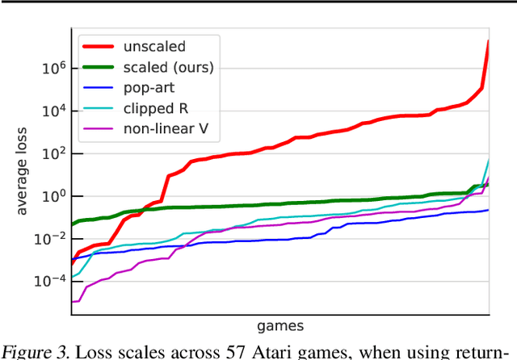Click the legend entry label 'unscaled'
(148, 48)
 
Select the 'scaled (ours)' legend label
(168, 68)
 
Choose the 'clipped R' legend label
(152, 108)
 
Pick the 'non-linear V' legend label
(162, 128)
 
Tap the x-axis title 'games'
(280, 326)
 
